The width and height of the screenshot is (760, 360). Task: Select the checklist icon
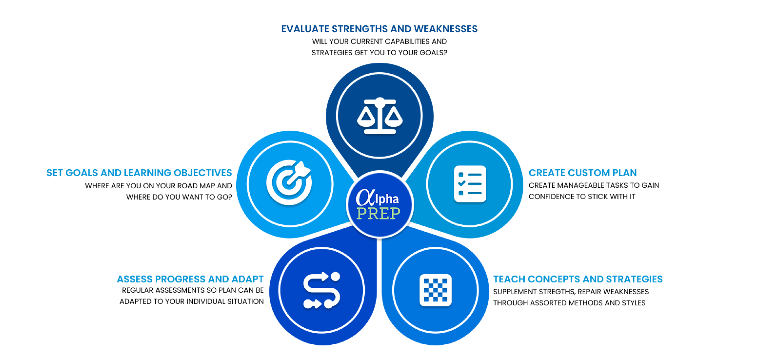click(x=470, y=184)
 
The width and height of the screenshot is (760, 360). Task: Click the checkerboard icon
click(x=436, y=290)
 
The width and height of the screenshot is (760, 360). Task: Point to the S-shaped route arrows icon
click(x=322, y=290)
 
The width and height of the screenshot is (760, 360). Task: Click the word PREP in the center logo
click(x=378, y=213)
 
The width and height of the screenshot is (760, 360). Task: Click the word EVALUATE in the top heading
click(x=305, y=29)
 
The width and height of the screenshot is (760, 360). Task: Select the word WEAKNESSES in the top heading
click(x=446, y=29)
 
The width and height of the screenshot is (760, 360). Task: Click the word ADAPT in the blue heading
click(x=247, y=279)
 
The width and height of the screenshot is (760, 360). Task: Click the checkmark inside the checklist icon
click(x=462, y=183)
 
